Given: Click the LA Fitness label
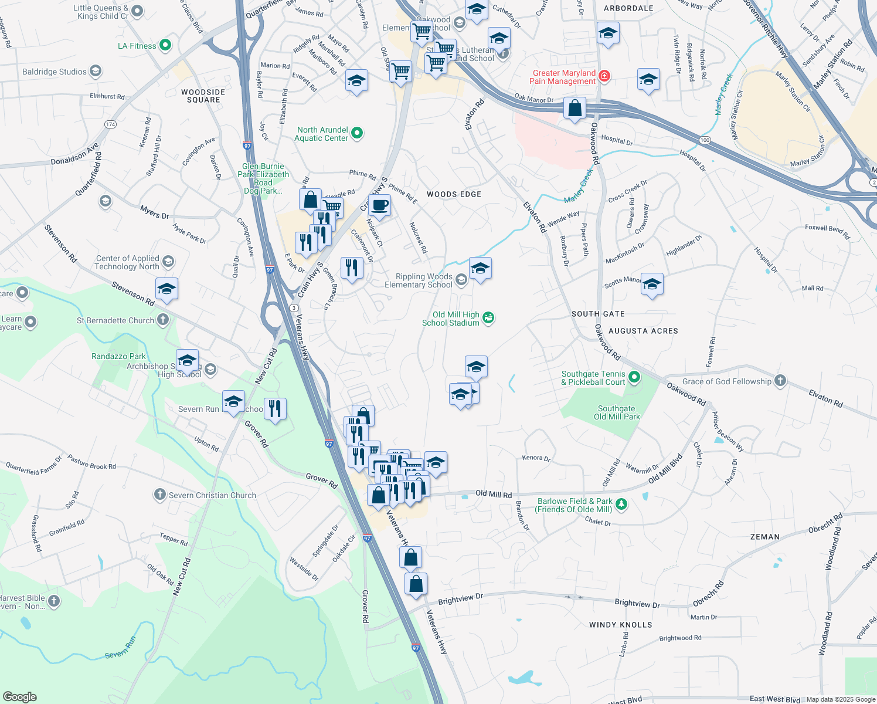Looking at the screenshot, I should [137, 46].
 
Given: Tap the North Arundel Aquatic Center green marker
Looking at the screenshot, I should [357, 134].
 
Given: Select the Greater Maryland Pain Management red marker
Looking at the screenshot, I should [604, 76].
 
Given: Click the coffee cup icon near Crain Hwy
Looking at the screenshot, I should [380, 205].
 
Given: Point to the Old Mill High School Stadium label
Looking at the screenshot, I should [451, 319].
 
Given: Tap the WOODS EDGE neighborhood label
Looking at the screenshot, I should [454, 194].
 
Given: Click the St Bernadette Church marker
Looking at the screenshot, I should [163, 320].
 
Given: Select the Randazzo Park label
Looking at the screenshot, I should [118, 356].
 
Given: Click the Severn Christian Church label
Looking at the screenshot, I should [212, 495].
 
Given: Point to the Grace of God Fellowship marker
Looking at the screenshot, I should [780, 381].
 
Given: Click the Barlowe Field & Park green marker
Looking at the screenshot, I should [621, 505].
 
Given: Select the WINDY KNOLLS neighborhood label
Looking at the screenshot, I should [620, 625].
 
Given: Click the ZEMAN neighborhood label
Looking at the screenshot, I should [765, 537].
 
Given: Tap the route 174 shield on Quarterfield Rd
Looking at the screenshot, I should [110, 124].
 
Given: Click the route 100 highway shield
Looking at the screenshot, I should [705, 140].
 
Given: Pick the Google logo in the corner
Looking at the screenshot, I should [20, 696].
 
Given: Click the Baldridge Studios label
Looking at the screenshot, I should [55, 72].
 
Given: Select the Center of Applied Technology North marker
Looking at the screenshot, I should [168, 262].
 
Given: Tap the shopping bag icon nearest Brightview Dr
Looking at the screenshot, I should [416, 584].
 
